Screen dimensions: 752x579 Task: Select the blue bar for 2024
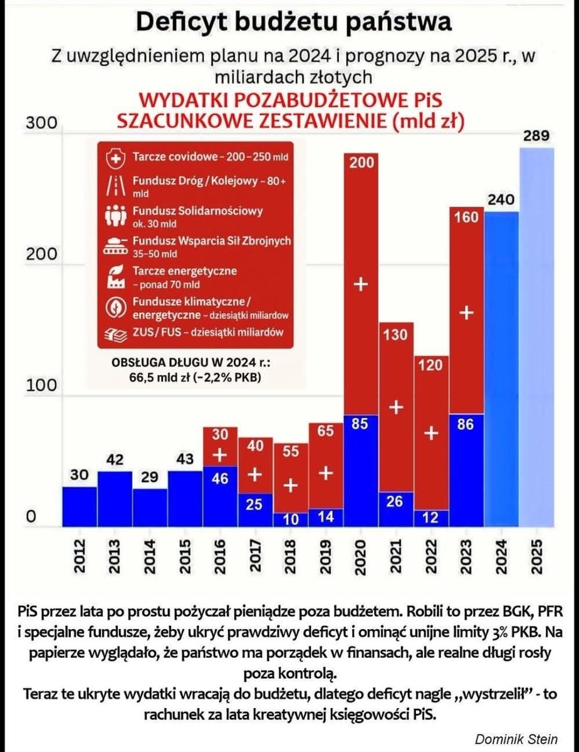point(501,370)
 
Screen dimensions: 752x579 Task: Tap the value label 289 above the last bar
point(537,135)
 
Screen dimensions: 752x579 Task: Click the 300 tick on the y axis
point(41,124)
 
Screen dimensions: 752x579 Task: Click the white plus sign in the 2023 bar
point(466,313)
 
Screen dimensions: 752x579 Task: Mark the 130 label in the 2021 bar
point(395,335)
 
